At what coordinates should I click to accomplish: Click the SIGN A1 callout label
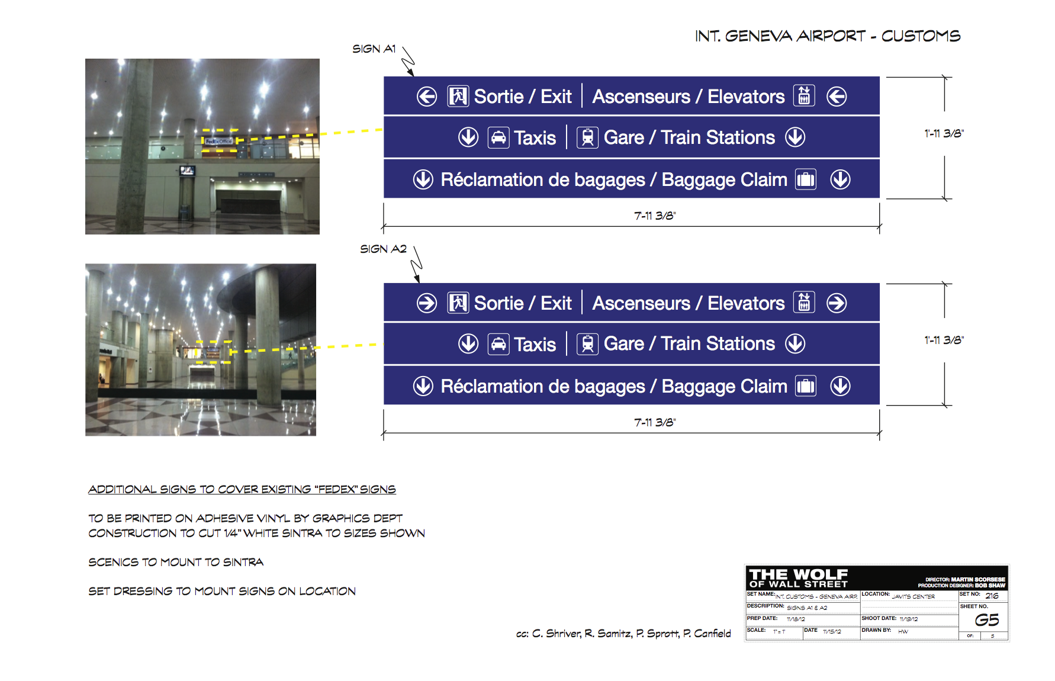[x=374, y=49]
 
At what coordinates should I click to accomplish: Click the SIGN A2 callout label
[x=383, y=249]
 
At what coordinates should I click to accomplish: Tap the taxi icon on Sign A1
[x=498, y=137]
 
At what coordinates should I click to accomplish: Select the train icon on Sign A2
[x=587, y=343]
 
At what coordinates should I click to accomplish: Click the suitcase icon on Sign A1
[x=805, y=179]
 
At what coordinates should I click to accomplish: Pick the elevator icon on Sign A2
[x=804, y=303]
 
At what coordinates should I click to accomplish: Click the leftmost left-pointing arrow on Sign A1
[x=426, y=97]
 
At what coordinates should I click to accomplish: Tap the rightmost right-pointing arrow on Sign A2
[x=837, y=303]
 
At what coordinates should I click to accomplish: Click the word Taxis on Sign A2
[x=535, y=344]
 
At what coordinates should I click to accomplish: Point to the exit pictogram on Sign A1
[x=458, y=97]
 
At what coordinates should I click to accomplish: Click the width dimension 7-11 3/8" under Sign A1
[x=655, y=216]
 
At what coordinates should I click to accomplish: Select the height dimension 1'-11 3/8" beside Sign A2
[x=944, y=340]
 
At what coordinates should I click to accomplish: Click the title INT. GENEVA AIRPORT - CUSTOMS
[x=827, y=36]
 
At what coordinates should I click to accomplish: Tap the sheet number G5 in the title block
[x=986, y=620]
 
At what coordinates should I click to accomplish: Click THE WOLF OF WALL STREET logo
[x=798, y=577]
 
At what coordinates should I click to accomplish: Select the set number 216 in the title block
[x=992, y=596]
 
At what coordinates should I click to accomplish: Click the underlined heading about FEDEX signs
[x=242, y=489]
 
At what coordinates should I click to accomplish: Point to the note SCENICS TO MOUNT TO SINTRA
[x=176, y=562]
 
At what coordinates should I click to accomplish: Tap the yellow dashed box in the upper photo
[x=220, y=141]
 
